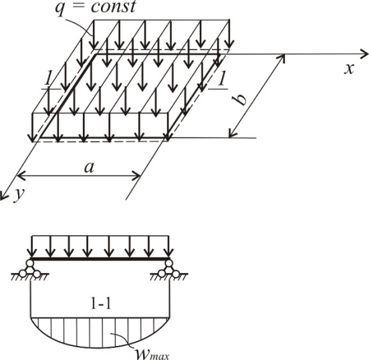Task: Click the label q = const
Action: pos(96,7)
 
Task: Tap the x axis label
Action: pos(349,69)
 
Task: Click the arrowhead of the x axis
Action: pos(364,54)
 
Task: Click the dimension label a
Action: pos(89,168)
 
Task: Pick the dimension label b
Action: pos(240,100)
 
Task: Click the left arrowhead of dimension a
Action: pos(21,176)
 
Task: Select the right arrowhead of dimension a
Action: pos(137,176)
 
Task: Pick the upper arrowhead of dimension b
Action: pos(282,57)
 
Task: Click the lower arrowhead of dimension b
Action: pos(232,134)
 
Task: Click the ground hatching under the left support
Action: pos(29,277)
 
